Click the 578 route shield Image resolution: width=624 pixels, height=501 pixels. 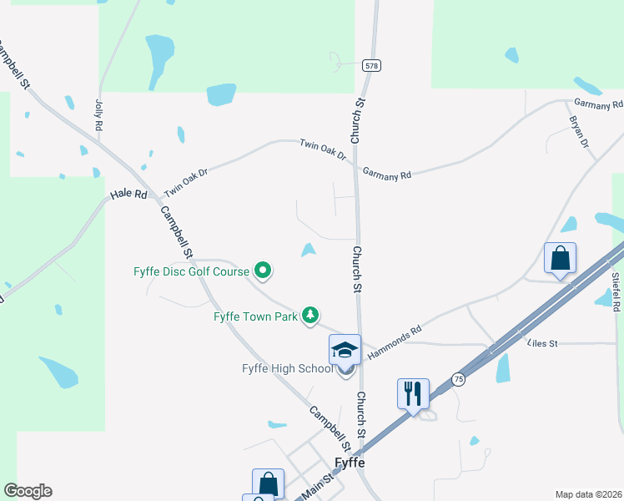click(372, 64)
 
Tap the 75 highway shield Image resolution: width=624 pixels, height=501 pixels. click(459, 378)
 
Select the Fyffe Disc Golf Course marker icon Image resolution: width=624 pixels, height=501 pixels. click(263, 270)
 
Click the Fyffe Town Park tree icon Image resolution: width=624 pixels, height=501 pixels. click(309, 314)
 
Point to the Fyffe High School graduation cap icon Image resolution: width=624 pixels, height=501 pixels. click(345, 350)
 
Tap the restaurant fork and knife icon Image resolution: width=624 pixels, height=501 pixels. click(413, 392)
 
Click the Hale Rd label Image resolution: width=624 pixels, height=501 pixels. click(128, 195)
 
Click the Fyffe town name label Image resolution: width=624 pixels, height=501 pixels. click(349, 463)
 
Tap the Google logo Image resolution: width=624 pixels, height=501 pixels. click(28, 491)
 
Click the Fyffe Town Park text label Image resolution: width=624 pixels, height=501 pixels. click(255, 316)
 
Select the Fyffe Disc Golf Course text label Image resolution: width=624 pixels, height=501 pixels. click(191, 271)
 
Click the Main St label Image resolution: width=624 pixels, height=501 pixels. click(318, 488)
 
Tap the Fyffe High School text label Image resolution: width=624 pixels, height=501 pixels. click(287, 369)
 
